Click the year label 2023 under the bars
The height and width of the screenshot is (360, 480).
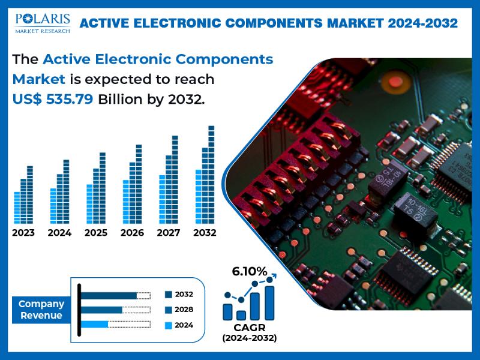23,233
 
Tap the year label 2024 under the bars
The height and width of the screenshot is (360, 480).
59,233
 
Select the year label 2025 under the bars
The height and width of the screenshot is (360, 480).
96,233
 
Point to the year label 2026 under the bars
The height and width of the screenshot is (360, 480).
133,233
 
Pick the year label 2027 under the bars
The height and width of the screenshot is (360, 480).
169,233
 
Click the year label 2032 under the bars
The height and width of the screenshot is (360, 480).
205,233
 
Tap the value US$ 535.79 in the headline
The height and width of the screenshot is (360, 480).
53,100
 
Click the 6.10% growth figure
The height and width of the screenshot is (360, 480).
250,272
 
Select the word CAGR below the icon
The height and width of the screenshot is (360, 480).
249,328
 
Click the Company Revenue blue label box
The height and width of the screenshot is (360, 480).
41,310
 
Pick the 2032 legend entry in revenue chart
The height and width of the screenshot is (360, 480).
179,295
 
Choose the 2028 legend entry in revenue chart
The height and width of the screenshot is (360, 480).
179,310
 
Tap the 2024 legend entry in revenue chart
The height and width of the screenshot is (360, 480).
179,325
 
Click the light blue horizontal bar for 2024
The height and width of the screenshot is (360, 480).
94,325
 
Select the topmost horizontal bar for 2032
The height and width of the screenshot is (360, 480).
109,295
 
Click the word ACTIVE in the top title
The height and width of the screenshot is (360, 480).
104,23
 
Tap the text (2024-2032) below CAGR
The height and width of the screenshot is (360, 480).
249,338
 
